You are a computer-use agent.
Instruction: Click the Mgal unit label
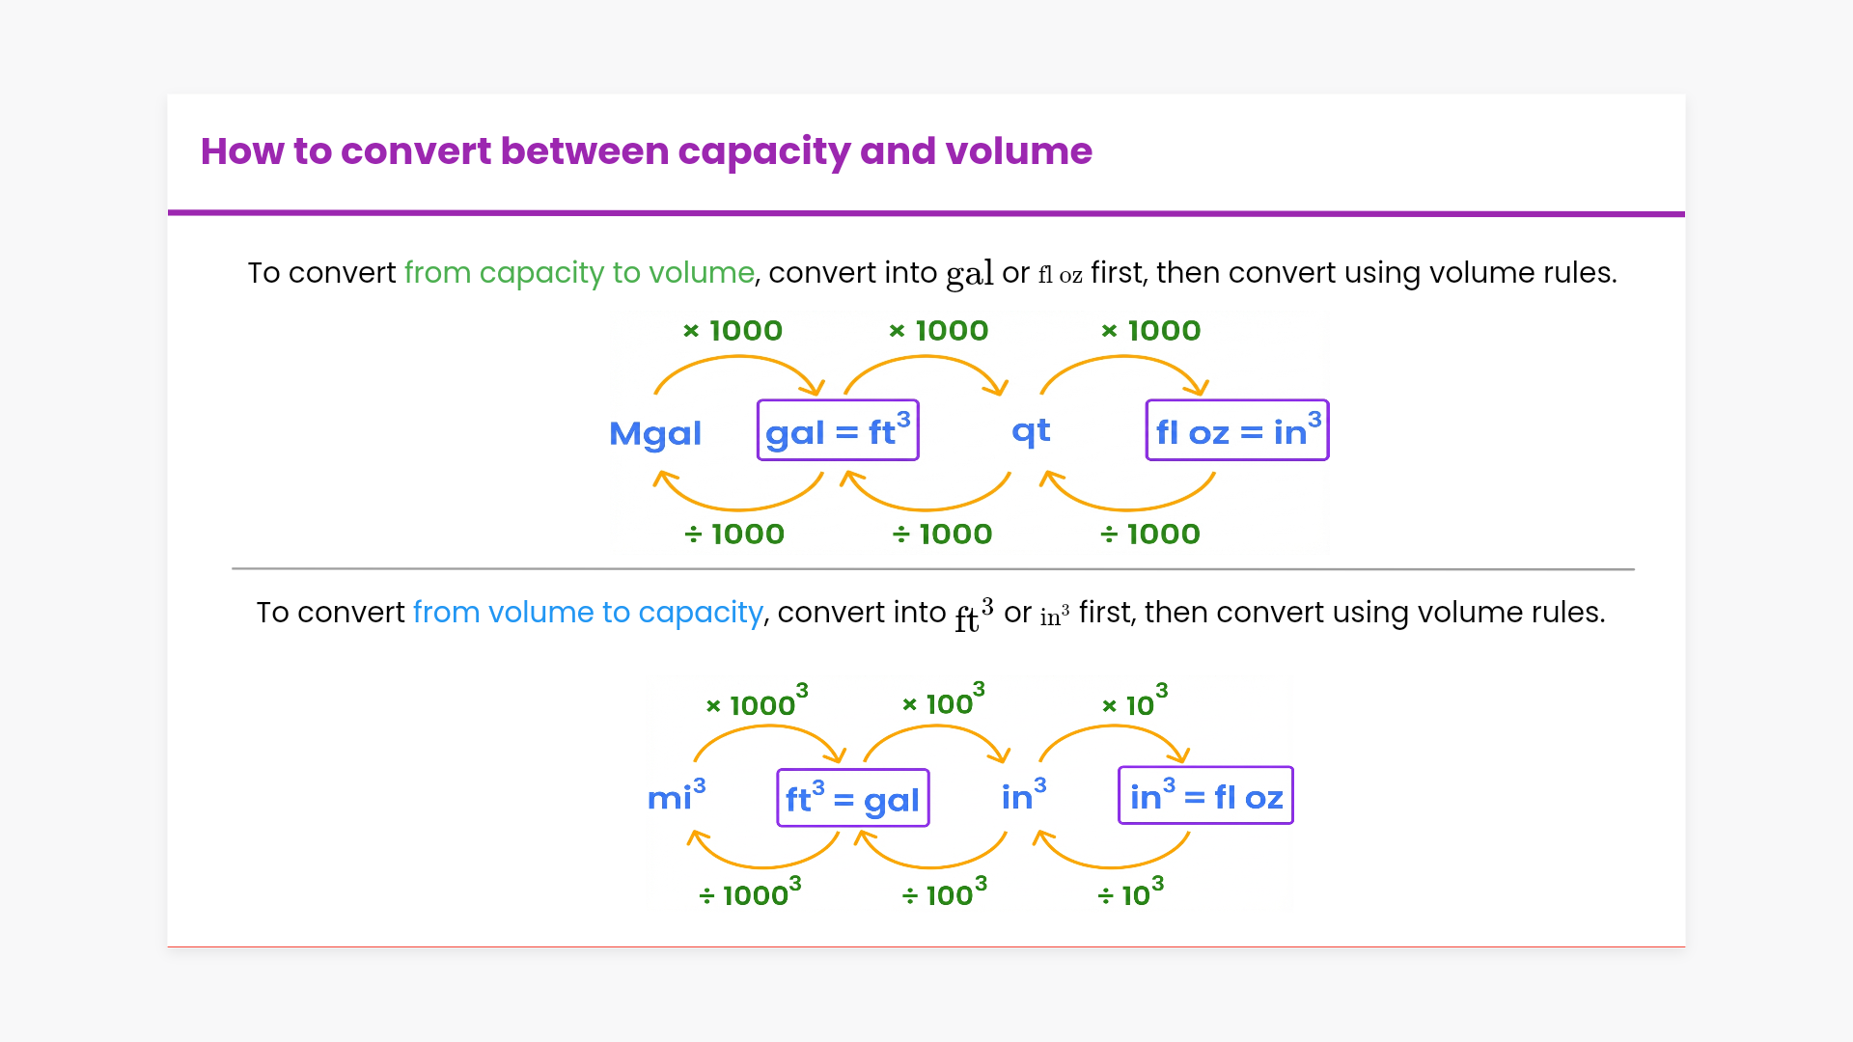coord(655,433)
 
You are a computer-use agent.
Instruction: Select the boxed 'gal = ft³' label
coord(838,430)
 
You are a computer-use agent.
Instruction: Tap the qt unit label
coord(1031,430)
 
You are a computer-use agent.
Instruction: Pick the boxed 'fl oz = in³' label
coord(1237,430)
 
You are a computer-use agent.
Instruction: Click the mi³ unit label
coord(677,797)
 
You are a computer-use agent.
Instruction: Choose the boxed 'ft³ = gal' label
coord(853,798)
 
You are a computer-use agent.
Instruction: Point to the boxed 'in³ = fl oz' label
coord(1205,796)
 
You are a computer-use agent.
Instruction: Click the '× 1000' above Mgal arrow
coord(733,331)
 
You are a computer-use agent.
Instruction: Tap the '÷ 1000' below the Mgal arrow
coord(734,534)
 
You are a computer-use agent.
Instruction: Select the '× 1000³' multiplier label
coord(758,702)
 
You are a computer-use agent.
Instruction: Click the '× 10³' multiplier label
coord(1135,702)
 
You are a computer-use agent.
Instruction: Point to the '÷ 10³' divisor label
coord(1131,892)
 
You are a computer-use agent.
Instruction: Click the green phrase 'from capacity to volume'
coord(579,273)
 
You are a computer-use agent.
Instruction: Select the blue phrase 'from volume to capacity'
coord(588,613)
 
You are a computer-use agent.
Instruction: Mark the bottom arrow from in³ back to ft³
coord(931,862)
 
